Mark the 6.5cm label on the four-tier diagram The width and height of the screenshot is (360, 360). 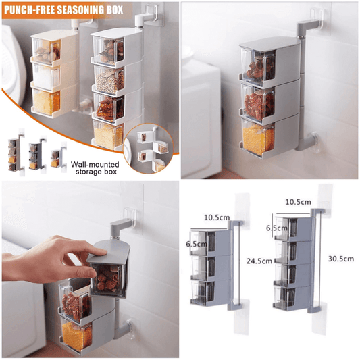click(276, 229)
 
